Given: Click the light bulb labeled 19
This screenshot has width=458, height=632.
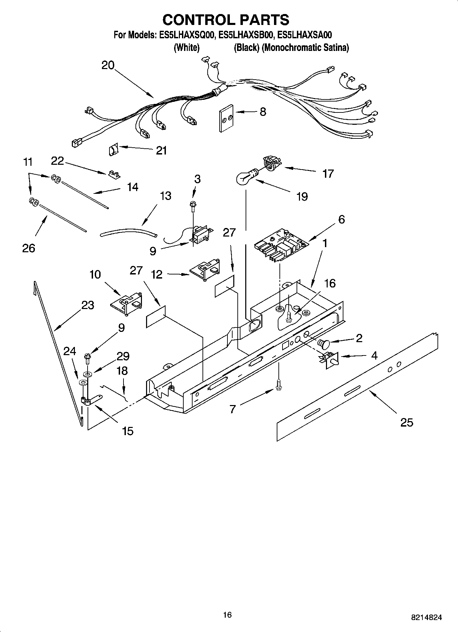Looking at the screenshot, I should click(x=244, y=177).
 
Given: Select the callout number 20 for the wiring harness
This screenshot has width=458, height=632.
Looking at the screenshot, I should click(x=108, y=65).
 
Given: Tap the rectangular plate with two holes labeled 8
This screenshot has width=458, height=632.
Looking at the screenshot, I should click(x=226, y=118).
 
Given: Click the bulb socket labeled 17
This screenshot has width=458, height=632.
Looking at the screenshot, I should click(x=271, y=163).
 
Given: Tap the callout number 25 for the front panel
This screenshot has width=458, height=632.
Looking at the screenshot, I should click(x=407, y=422).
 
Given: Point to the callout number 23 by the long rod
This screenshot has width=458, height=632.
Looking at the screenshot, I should click(x=88, y=305).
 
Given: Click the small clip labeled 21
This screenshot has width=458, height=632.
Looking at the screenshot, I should click(x=113, y=149).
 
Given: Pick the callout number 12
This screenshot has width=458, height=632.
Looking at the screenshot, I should click(x=157, y=274).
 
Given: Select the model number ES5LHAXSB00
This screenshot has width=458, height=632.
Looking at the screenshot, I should click(x=246, y=35).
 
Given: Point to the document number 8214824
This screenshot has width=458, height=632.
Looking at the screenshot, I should click(x=426, y=617).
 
